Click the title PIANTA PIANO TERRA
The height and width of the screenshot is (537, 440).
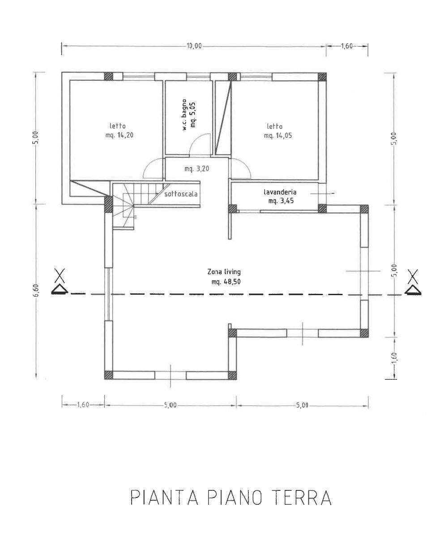[x=231, y=497]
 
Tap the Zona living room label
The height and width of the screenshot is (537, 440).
[x=224, y=272]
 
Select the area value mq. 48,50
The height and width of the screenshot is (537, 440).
[x=226, y=282]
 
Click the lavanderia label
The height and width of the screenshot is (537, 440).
[x=280, y=192]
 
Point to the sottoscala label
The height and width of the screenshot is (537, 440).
[x=181, y=194]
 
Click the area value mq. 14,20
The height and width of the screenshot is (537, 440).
[x=120, y=135]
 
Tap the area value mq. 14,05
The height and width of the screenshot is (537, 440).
[x=278, y=136]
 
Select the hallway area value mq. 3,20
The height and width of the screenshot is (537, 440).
[x=197, y=169]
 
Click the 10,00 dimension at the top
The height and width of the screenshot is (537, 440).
[x=194, y=46]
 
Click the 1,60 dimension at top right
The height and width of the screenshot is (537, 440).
[x=346, y=46]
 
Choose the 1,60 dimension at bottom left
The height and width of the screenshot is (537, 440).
[x=83, y=405]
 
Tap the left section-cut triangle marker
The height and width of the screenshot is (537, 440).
[x=60, y=290]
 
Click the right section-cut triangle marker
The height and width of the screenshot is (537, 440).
[x=413, y=290]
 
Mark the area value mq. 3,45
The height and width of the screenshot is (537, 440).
[x=281, y=201]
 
